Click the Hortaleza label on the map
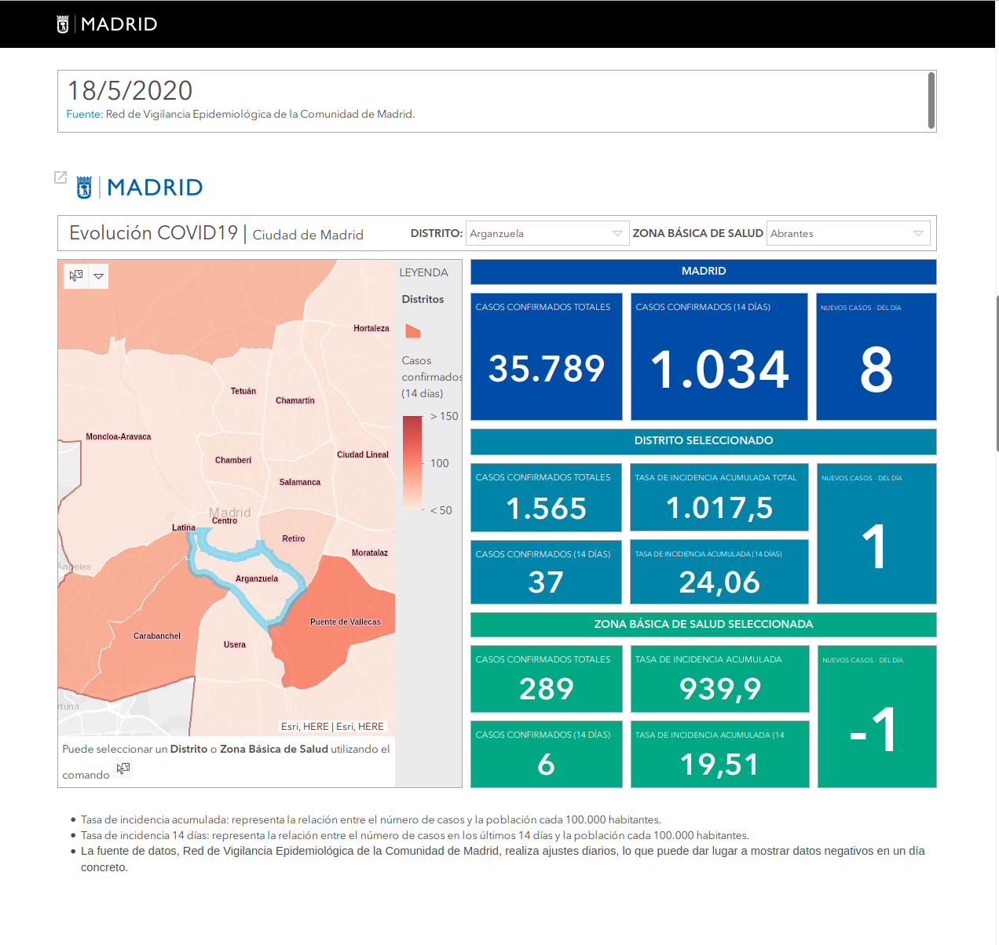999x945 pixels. tap(371, 328)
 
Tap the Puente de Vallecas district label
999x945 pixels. tap(345, 622)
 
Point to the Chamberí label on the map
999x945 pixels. tap(232, 460)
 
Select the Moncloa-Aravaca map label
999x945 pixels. tap(118, 436)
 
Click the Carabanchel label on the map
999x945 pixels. tap(156, 636)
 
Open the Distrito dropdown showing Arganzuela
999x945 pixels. tap(547, 234)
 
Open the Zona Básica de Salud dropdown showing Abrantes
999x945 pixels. tap(847, 234)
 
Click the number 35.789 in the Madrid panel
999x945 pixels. tap(547, 369)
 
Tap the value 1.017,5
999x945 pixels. tap(719, 508)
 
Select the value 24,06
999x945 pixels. tap(719, 582)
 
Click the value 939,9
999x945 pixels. tap(720, 689)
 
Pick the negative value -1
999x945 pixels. tap(873, 730)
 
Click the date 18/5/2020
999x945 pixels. tap(130, 91)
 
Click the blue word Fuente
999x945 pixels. tap(83, 115)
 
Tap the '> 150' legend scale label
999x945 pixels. tap(444, 417)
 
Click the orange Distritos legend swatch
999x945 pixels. tap(412, 331)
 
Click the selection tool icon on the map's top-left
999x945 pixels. tap(76, 275)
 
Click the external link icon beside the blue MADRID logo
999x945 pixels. tap(60, 177)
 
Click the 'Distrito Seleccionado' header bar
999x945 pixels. tap(703, 441)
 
